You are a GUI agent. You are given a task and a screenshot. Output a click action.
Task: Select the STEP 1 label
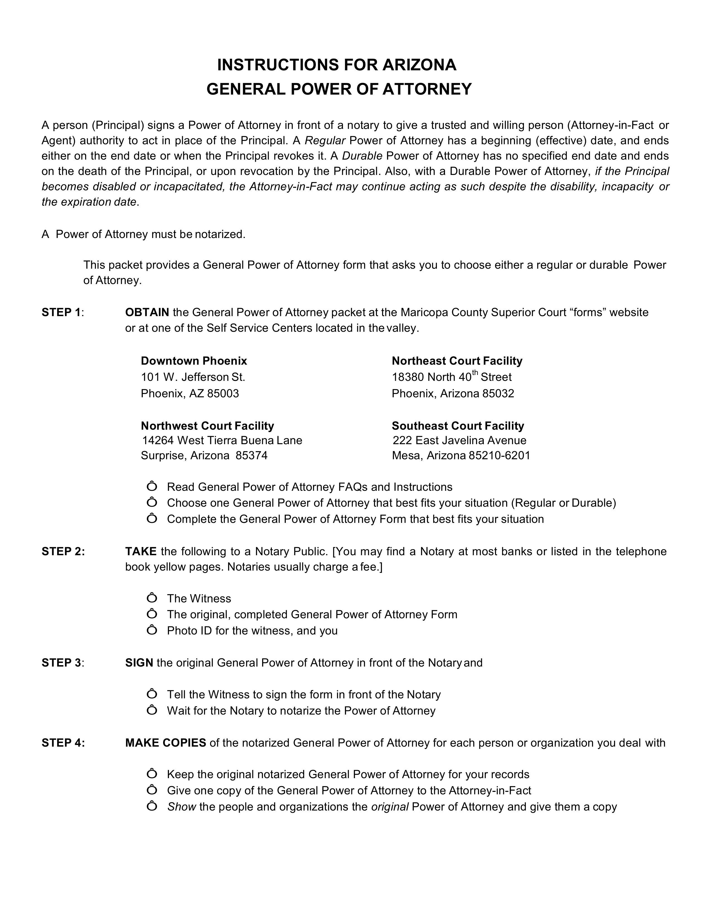pos(62,312)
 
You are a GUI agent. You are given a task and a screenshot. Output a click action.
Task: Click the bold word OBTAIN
pos(147,312)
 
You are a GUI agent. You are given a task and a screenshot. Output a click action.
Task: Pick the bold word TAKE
pos(141,552)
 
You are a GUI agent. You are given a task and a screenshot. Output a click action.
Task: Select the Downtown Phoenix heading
pos(194,361)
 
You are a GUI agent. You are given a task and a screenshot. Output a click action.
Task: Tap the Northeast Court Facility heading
pos(457,361)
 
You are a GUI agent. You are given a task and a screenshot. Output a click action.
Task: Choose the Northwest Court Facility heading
pos(207,426)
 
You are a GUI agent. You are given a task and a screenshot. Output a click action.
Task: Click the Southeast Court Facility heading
pos(458,426)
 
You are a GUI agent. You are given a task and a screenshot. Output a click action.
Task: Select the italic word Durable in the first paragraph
pos(362,156)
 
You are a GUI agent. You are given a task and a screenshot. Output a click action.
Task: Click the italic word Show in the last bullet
pos(181,807)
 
